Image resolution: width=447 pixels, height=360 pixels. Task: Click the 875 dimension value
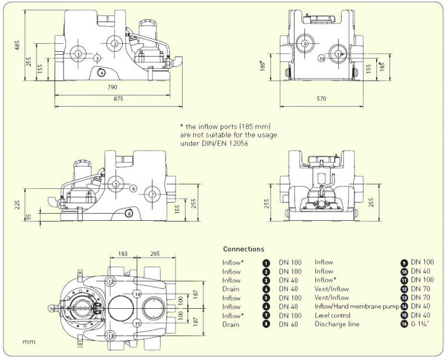(x=118, y=99)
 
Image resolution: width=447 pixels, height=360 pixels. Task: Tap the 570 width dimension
(x=321, y=99)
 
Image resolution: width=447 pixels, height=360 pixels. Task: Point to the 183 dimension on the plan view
(x=122, y=254)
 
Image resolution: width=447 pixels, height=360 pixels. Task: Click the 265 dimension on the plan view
(x=155, y=254)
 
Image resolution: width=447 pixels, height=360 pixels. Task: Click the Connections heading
(x=243, y=249)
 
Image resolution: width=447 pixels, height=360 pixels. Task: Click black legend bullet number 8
(x=266, y=324)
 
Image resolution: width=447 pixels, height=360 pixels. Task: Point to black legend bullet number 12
(x=403, y=289)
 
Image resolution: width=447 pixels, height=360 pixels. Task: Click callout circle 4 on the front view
(x=101, y=72)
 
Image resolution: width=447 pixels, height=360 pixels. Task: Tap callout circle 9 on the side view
(x=304, y=44)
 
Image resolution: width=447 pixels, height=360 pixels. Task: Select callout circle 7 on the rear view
(x=152, y=194)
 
